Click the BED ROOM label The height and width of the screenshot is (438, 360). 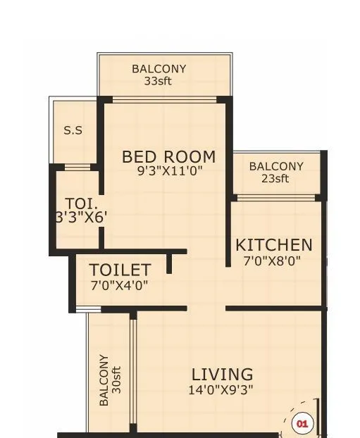tap(168, 156)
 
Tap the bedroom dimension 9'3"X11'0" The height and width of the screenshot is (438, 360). tap(168, 170)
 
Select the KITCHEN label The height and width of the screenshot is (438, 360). tap(273, 245)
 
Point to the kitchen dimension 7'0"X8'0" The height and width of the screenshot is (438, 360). tap(273, 260)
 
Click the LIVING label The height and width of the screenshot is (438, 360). tap(222, 374)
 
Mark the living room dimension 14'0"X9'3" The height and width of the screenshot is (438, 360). tap(222, 389)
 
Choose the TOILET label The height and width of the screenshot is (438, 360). tap(119, 270)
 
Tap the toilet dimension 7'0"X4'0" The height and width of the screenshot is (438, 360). tap(119, 285)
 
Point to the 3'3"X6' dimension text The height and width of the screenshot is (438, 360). tap(80, 218)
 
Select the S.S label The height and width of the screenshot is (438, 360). tap(73, 130)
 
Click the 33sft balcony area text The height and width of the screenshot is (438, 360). tap(159, 81)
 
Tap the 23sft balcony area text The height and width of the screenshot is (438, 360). tap(275, 178)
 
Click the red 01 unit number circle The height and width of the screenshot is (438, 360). tap(302, 424)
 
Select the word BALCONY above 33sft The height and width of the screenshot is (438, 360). tap(159, 69)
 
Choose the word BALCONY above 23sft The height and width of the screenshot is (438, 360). tap(276, 166)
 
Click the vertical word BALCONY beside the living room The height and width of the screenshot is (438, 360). tap(104, 380)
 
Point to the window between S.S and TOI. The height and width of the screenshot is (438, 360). tap(77, 167)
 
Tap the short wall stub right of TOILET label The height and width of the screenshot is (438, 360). tap(169, 263)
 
